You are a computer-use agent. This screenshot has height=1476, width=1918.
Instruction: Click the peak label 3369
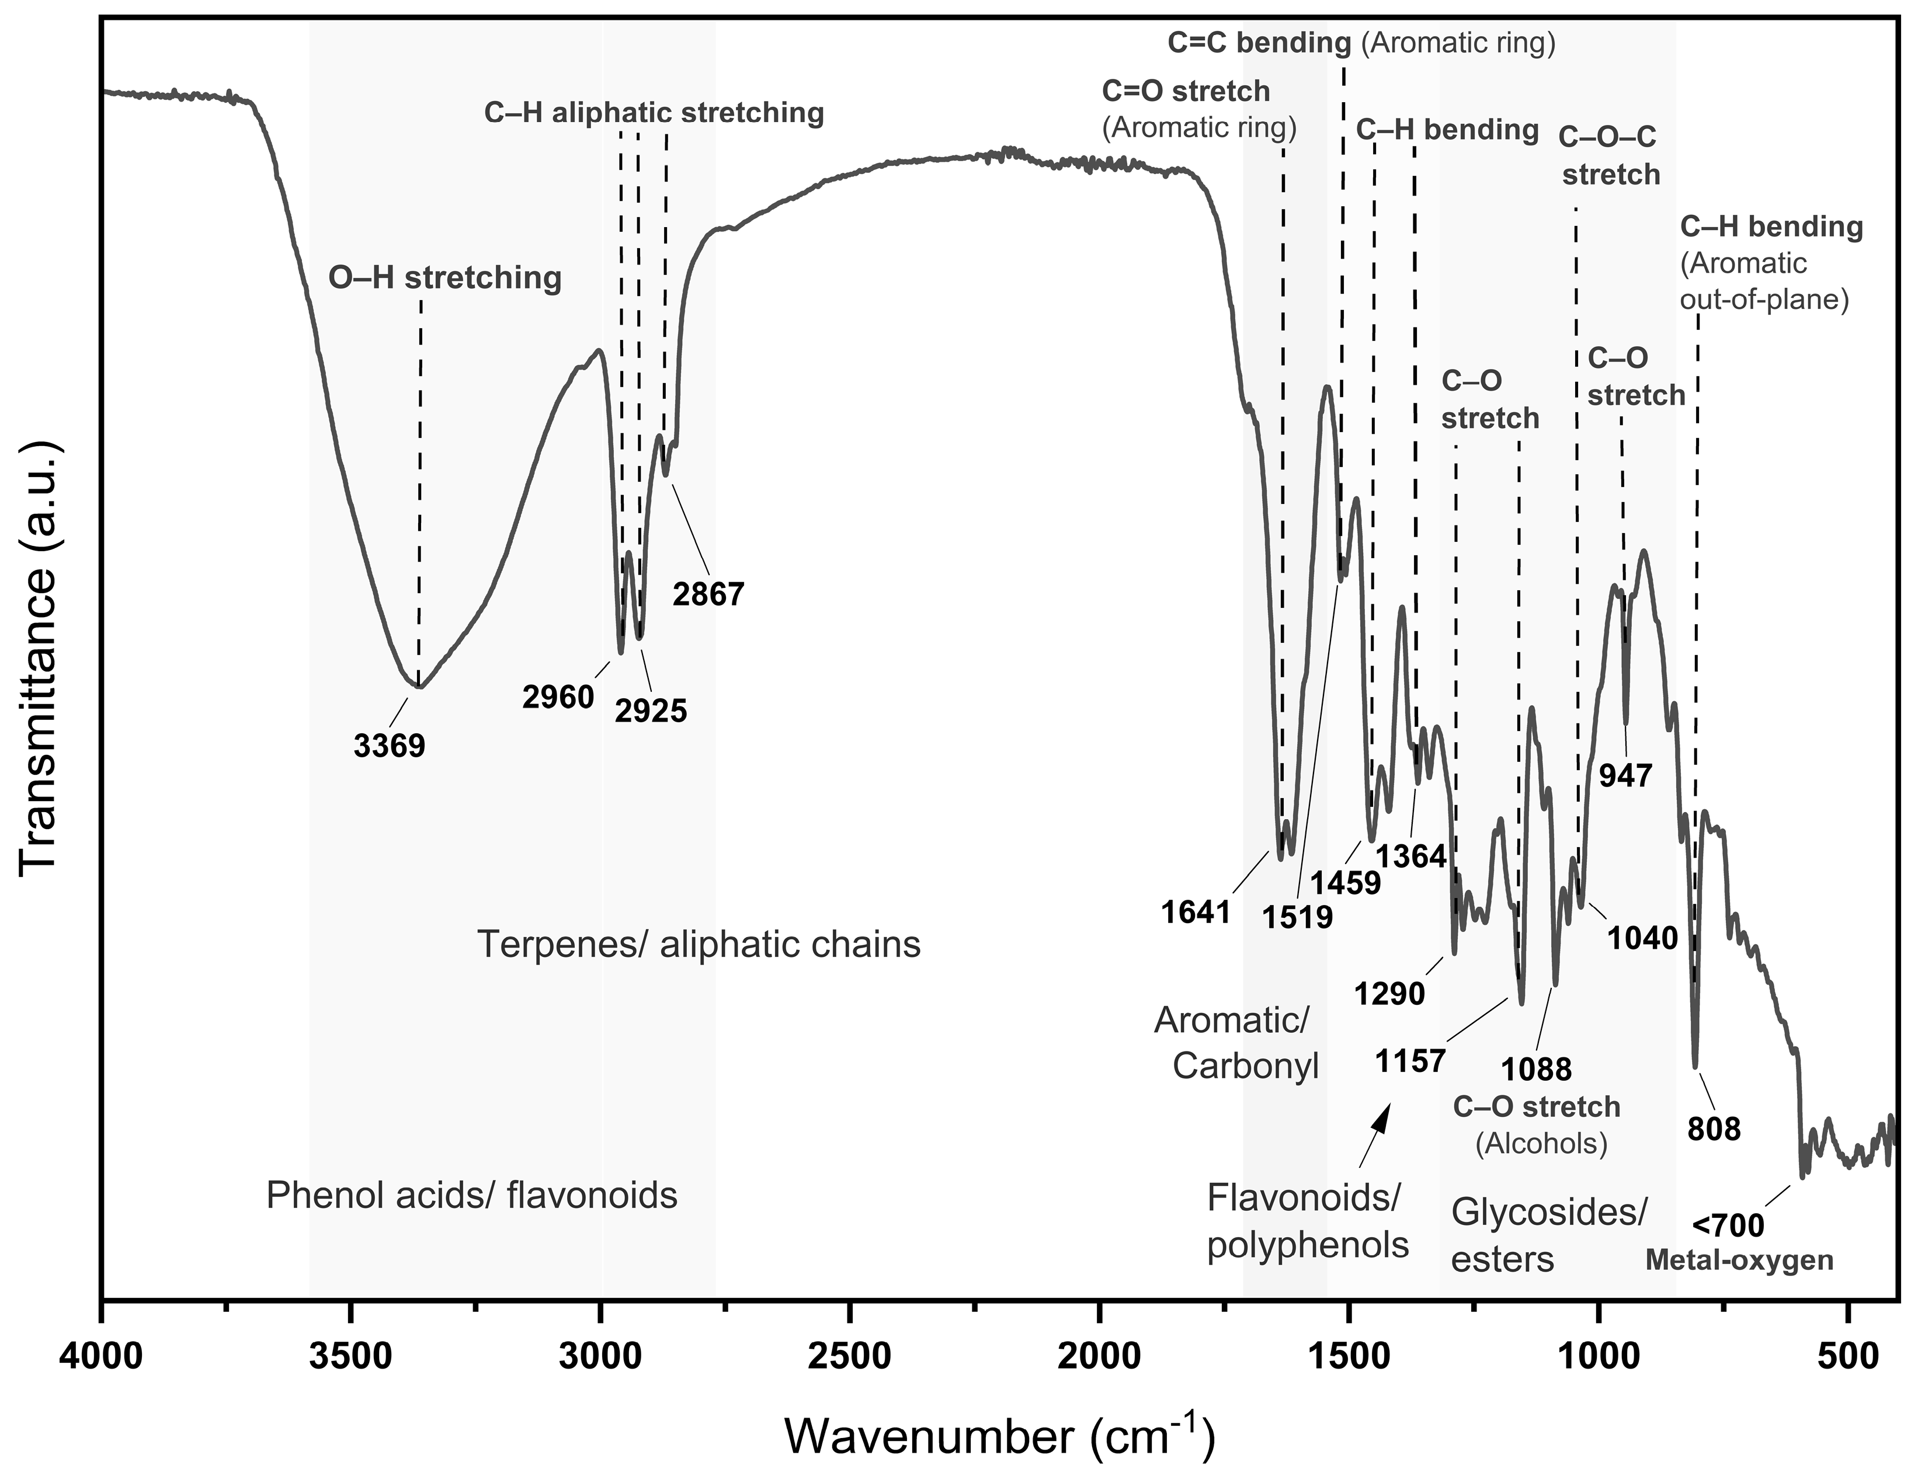click(x=389, y=746)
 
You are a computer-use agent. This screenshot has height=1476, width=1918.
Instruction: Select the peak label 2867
click(x=708, y=594)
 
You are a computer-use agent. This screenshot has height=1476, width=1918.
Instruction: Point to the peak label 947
click(x=1625, y=775)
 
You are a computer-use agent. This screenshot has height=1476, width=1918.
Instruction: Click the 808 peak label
click(x=1714, y=1128)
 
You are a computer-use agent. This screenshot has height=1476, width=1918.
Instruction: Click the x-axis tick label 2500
click(x=849, y=1358)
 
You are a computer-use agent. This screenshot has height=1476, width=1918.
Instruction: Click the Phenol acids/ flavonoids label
click(x=471, y=1195)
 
